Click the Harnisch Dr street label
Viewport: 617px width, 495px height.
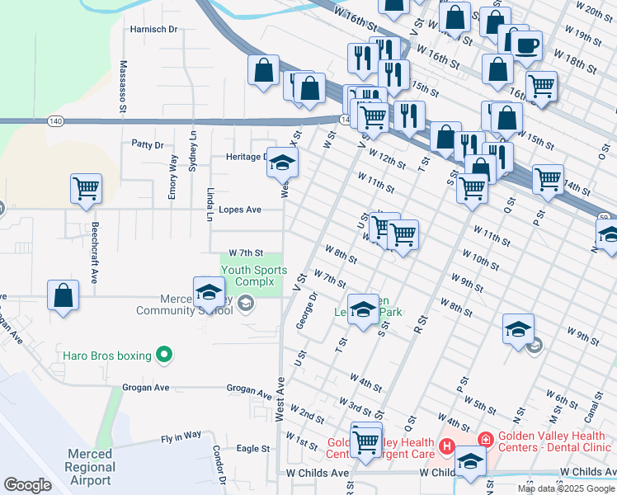154,29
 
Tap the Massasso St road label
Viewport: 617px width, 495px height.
122,86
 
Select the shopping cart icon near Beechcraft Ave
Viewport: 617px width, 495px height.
86,189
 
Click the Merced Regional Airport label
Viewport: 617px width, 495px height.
90,467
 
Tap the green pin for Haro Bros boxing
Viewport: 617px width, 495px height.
164,356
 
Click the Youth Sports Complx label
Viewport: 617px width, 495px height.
254,276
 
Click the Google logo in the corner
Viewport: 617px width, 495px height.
27,484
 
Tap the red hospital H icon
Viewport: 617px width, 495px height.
446,446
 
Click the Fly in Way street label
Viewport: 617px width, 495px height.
181,435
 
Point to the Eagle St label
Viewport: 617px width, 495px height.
253,449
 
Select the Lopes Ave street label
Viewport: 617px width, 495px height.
240,210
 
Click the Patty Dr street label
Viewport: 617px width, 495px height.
148,144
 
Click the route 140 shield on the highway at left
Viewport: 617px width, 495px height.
55,121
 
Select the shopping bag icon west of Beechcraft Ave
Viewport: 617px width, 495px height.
64,295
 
